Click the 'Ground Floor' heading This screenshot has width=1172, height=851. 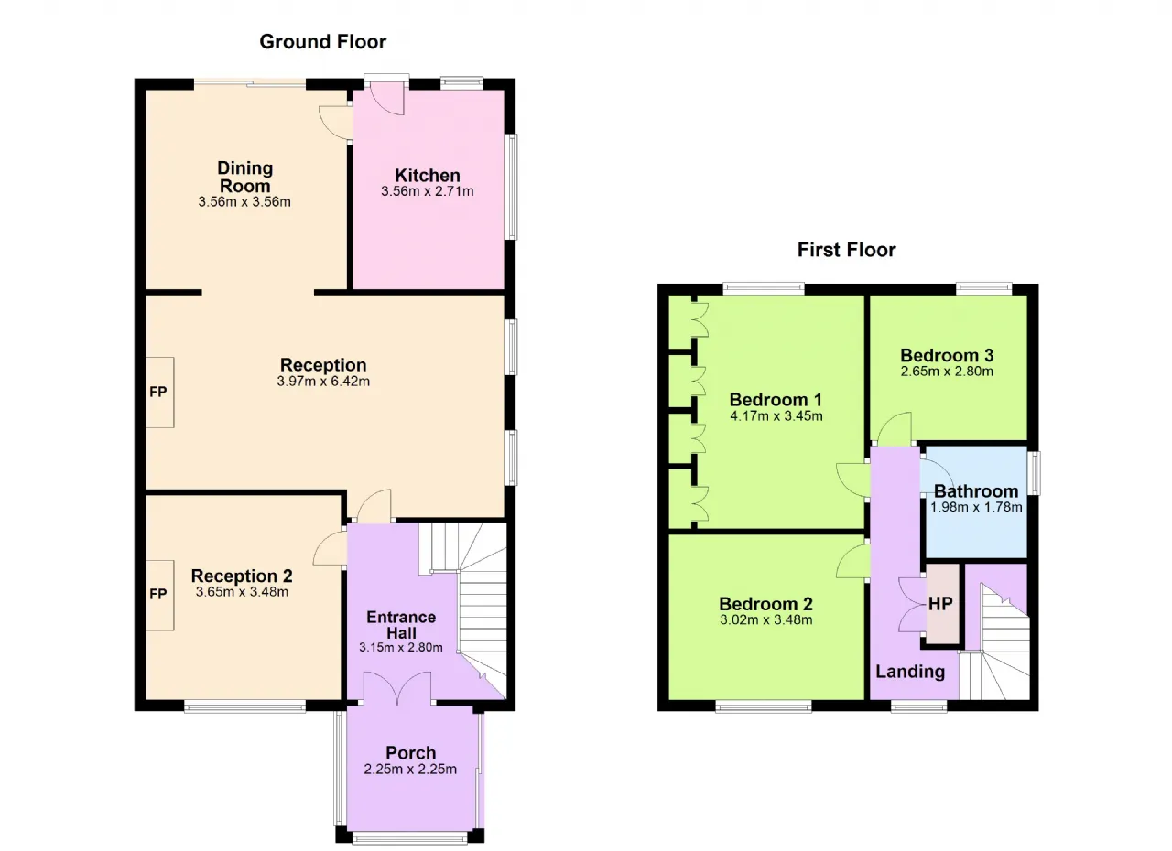tap(323, 42)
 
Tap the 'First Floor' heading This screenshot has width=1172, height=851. tap(846, 250)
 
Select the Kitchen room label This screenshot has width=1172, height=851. tap(428, 175)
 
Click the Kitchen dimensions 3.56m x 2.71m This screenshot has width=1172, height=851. tap(428, 191)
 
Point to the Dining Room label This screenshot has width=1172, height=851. tap(244, 177)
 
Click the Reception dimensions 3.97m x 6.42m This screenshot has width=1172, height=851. tap(323, 381)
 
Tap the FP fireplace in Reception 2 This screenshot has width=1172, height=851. tap(159, 595)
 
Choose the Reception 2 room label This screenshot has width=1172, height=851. tap(242, 576)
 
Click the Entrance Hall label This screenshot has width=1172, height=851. tap(401, 625)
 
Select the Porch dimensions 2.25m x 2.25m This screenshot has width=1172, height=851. tap(411, 769)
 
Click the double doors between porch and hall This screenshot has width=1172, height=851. tap(397, 688)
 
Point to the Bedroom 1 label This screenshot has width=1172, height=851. tap(776, 400)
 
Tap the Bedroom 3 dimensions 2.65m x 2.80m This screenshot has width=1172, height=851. tap(947, 372)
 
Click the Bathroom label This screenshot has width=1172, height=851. tap(976, 491)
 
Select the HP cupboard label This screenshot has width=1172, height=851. tap(940, 604)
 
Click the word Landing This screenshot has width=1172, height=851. tap(910, 672)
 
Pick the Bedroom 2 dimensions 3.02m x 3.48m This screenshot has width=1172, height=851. tap(766, 620)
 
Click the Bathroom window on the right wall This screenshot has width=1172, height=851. tap(1034, 473)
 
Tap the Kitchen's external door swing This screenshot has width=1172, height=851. tap(387, 98)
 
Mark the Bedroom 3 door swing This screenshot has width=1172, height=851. tap(895, 427)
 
